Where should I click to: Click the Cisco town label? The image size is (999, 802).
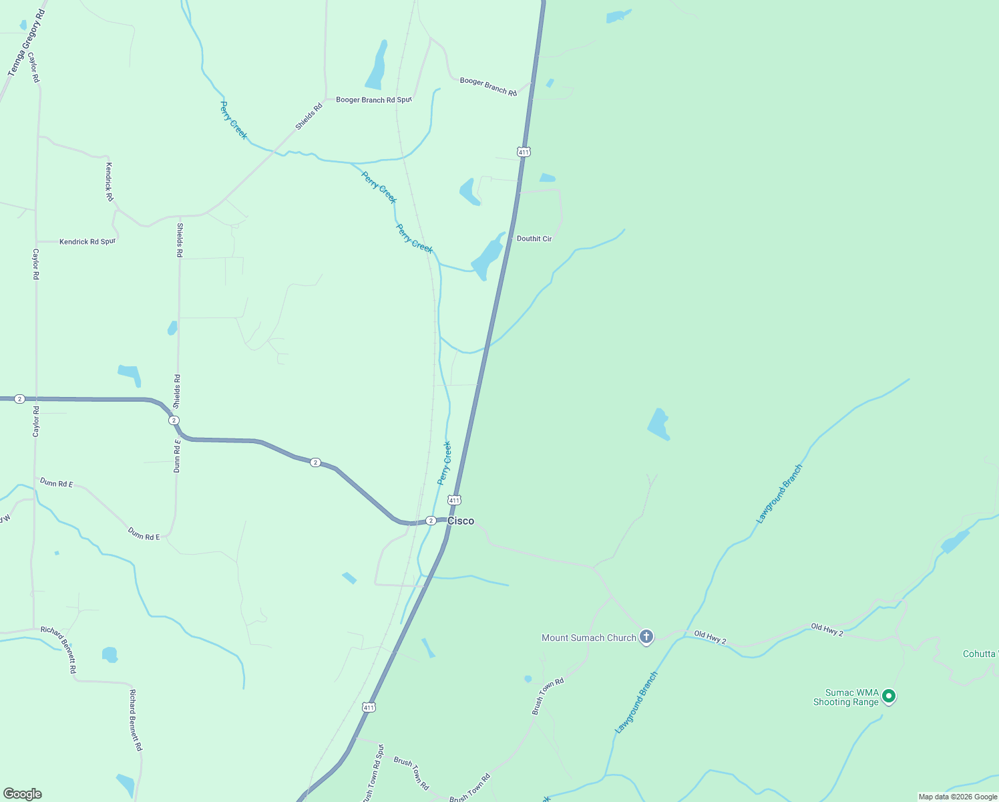(x=461, y=521)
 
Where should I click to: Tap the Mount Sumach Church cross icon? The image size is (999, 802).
(x=646, y=637)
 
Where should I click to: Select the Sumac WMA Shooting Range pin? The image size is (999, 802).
(x=888, y=696)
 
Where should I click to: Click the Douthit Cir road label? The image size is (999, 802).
(x=534, y=239)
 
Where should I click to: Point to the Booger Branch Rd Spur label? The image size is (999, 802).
(x=374, y=100)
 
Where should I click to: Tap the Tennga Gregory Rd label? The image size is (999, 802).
(x=26, y=43)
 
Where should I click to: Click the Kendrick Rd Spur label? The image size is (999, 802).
(x=87, y=241)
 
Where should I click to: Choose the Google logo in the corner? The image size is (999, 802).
(x=23, y=794)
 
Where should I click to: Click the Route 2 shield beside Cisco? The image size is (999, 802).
(x=431, y=521)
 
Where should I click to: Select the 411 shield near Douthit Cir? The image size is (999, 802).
(x=524, y=152)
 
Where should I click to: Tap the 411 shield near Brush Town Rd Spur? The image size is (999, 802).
(x=369, y=707)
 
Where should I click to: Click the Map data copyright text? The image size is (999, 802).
(x=958, y=797)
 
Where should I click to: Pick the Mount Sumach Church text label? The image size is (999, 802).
(x=588, y=638)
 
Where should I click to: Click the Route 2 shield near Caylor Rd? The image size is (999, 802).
(x=19, y=399)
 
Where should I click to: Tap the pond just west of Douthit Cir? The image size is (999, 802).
(x=487, y=257)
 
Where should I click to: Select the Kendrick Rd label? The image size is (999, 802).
(x=110, y=181)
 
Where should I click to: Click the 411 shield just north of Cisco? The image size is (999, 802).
(x=454, y=500)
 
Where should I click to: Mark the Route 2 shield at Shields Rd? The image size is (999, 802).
(x=174, y=420)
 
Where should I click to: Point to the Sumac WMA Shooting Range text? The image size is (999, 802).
(x=846, y=697)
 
